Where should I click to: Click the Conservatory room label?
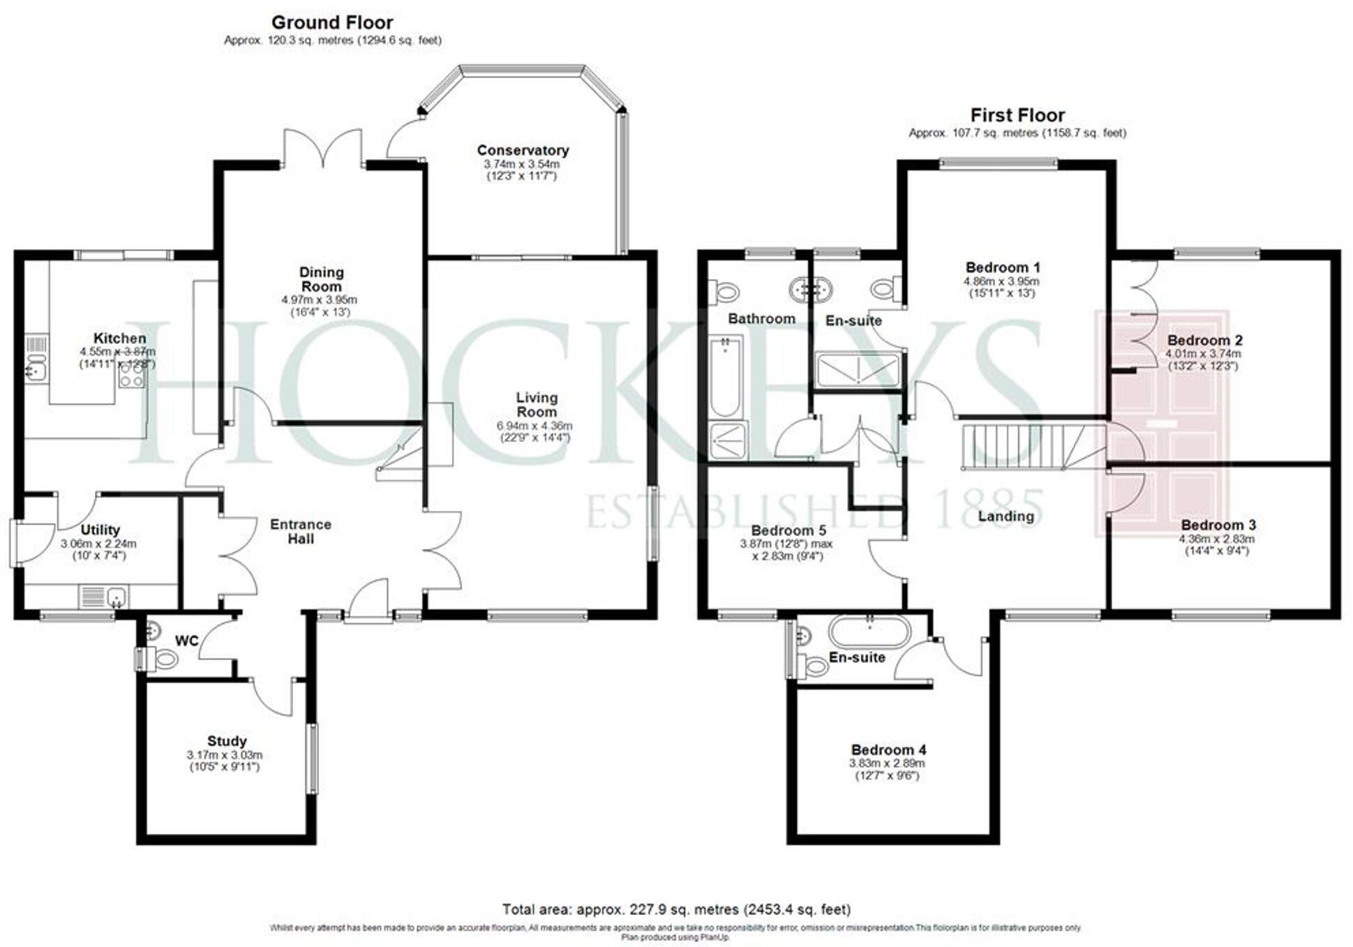pyautogui.click(x=523, y=150)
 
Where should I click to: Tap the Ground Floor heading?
pyautogui.click(x=332, y=22)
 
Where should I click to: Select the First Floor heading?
pyautogui.click(x=1017, y=115)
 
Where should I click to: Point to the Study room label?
pyautogui.click(x=227, y=741)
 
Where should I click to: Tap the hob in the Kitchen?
pyautogui.click(x=131, y=378)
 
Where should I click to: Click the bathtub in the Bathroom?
pyautogui.click(x=726, y=377)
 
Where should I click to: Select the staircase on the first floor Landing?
pyautogui.click(x=1022, y=447)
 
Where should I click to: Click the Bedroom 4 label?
pyautogui.click(x=888, y=750)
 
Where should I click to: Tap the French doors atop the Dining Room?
pyautogui.click(x=322, y=148)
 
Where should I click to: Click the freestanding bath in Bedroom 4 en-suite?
pyautogui.click(x=869, y=632)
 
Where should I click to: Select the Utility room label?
pyautogui.click(x=100, y=530)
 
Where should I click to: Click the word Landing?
pyautogui.click(x=1006, y=516)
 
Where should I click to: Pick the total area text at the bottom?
pyautogui.click(x=676, y=909)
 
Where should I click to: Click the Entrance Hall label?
pyautogui.click(x=301, y=531)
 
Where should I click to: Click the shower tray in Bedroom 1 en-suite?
pyautogui.click(x=858, y=370)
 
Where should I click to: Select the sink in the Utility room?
pyautogui.click(x=117, y=596)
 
